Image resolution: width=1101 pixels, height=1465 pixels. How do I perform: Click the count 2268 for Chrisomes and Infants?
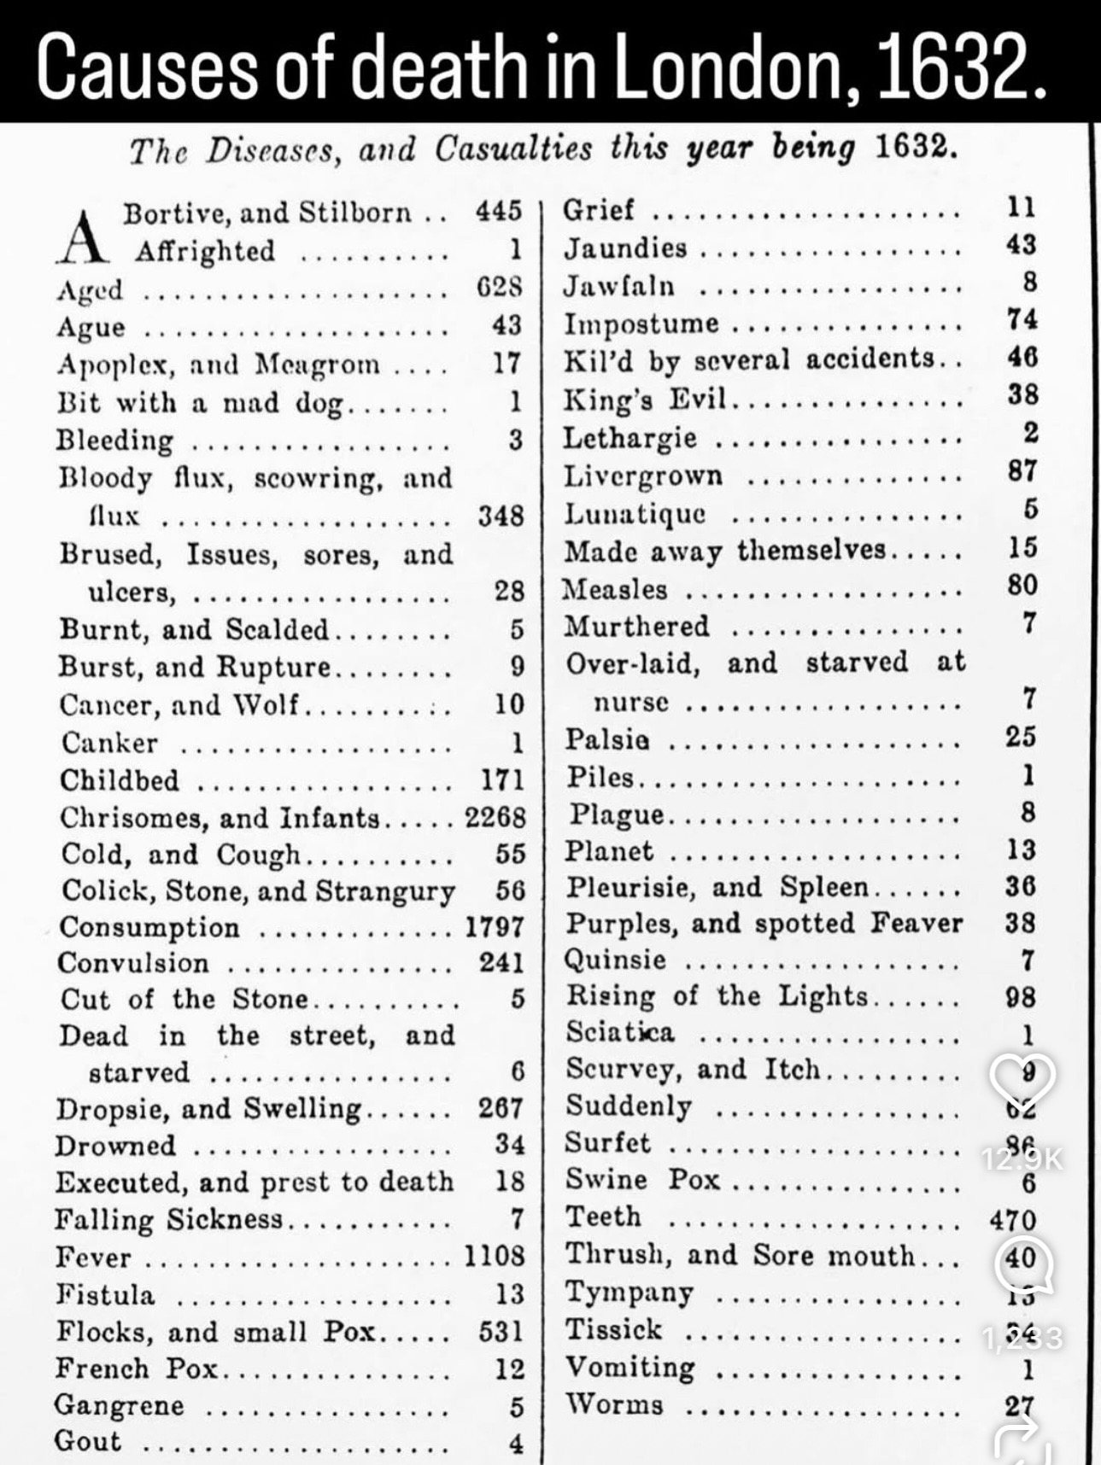point(495,817)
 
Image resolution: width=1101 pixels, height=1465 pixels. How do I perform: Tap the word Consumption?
point(149,927)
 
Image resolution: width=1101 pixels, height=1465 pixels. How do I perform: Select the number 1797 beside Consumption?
point(495,927)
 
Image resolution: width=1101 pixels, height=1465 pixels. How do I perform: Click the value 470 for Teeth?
point(1013,1220)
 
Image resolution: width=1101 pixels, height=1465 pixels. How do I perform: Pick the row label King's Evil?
point(645,398)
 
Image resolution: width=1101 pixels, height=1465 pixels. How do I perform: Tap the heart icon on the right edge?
point(1022,1078)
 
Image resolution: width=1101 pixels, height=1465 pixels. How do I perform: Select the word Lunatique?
point(635,514)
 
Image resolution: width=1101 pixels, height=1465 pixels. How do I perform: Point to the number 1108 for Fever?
point(495,1256)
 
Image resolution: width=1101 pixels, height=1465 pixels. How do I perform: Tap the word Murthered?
point(636,626)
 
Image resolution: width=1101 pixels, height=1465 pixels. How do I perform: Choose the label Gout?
point(88,1441)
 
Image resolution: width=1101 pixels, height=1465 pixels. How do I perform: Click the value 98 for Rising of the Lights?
point(1021,996)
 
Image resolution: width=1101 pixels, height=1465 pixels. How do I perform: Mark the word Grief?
point(599,209)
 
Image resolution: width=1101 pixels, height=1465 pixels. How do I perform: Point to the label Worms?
point(614,1404)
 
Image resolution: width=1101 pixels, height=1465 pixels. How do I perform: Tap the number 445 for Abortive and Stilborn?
point(500,210)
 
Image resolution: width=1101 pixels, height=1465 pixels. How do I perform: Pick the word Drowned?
point(115,1146)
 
